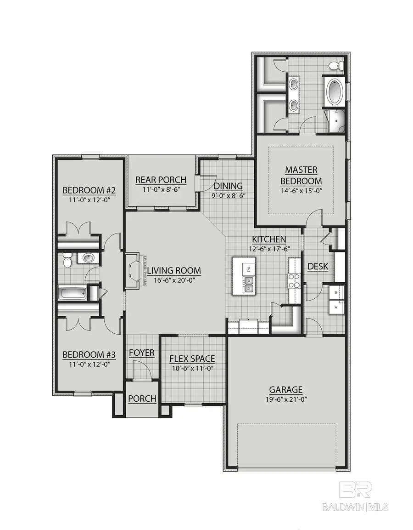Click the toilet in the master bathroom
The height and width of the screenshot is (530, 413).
coord(337,66)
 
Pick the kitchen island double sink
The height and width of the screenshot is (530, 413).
coord(248,288)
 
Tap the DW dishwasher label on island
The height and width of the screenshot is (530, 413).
coord(248,269)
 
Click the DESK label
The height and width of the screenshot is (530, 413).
coord(317,266)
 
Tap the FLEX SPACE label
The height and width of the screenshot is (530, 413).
coord(192,359)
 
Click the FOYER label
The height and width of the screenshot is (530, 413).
coord(141,353)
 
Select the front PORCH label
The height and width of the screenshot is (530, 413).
coord(142,399)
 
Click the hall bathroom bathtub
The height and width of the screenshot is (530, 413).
coord(73,293)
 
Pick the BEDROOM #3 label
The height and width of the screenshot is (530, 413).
coord(89,354)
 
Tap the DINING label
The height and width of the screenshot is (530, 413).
coord(228,186)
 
